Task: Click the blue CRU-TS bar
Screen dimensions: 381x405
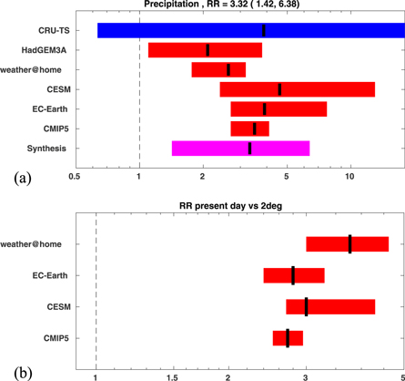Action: [x=250, y=31]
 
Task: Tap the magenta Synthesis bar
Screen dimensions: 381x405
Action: [x=240, y=149]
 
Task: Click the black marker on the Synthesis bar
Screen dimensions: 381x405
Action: [x=250, y=149]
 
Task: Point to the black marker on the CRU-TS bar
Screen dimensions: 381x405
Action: [x=264, y=31]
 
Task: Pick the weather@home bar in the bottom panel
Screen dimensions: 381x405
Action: [x=347, y=244]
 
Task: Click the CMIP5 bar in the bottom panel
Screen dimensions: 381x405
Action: [x=288, y=339]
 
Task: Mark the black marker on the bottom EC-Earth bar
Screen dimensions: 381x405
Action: [x=293, y=275]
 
